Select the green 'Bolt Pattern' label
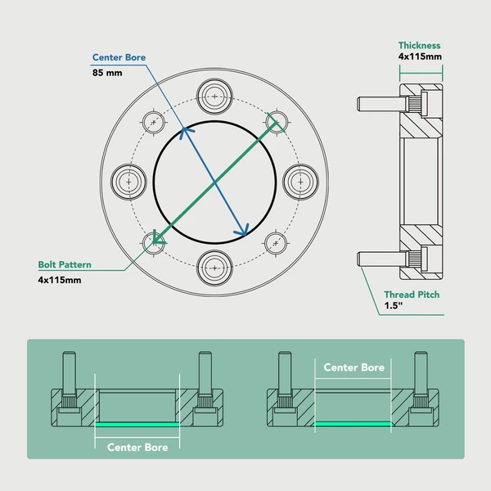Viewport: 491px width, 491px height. pyautogui.click(x=65, y=265)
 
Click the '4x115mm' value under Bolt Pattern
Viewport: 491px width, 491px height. pyautogui.click(x=60, y=280)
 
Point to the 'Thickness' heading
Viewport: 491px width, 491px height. pyautogui.click(x=420, y=46)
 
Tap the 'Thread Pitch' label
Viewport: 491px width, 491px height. pyautogui.click(x=412, y=295)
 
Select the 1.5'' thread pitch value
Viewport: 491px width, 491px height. pyautogui.click(x=394, y=308)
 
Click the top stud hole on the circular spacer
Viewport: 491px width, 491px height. pyautogui.click(x=214, y=95)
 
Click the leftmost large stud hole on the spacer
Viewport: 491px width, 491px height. pyautogui.click(x=128, y=180)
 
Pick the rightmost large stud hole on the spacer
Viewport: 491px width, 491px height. pyautogui.click(x=300, y=180)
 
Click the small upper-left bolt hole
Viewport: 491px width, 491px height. pyautogui.click(x=154, y=121)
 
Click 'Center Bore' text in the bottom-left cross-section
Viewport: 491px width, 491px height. pyautogui.click(x=137, y=448)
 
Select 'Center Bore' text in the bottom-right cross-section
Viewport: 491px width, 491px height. pyautogui.click(x=354, y=367)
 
